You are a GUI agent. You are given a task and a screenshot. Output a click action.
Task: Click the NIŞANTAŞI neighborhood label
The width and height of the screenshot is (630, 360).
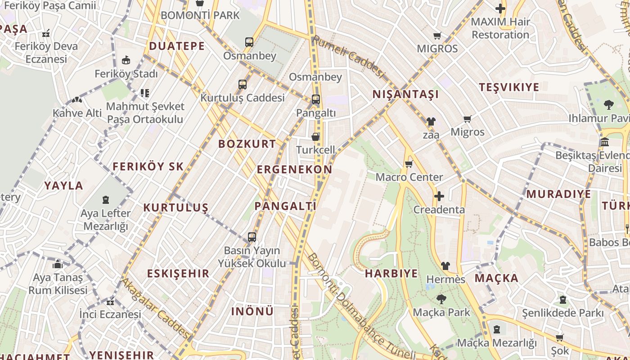(405, 94)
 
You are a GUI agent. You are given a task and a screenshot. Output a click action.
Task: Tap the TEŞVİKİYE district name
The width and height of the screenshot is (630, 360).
(509, 87)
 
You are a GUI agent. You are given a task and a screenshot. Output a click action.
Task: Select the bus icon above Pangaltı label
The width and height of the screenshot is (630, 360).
(316, 99)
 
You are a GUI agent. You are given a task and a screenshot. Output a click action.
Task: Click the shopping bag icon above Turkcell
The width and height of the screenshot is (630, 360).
(316, 136)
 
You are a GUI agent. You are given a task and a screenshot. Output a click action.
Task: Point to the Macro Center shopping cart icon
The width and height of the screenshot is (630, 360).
(409, 164)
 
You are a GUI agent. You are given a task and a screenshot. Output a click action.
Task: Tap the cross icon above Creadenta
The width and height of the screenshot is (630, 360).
(439, 196)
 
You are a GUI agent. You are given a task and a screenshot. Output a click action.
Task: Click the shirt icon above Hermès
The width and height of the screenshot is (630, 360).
(445, 266)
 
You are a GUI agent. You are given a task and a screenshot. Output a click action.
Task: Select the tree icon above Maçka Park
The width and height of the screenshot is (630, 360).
(441, 299)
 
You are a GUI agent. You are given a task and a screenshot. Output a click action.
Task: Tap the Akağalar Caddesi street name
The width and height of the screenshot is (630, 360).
(155, 308)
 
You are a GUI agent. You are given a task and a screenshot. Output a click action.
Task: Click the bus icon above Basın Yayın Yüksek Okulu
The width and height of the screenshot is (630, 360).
(252, 237)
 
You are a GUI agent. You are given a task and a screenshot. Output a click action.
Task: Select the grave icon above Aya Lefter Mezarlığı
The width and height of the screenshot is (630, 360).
(106, 199)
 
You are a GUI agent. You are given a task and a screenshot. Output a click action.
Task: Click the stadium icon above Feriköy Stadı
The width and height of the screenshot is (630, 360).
(126, 60)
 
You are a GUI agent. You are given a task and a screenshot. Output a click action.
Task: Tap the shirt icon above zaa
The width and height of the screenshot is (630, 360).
(431, 121)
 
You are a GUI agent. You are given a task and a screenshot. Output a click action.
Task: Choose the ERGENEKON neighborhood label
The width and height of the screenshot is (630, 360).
(294, 170)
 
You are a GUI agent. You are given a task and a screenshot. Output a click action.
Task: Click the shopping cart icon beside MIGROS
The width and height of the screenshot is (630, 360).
(437, 36)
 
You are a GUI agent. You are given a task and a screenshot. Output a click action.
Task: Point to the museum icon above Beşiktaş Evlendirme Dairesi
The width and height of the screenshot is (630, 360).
(605, 142)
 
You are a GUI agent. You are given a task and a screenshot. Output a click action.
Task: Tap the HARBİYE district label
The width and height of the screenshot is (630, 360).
(391, 274)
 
